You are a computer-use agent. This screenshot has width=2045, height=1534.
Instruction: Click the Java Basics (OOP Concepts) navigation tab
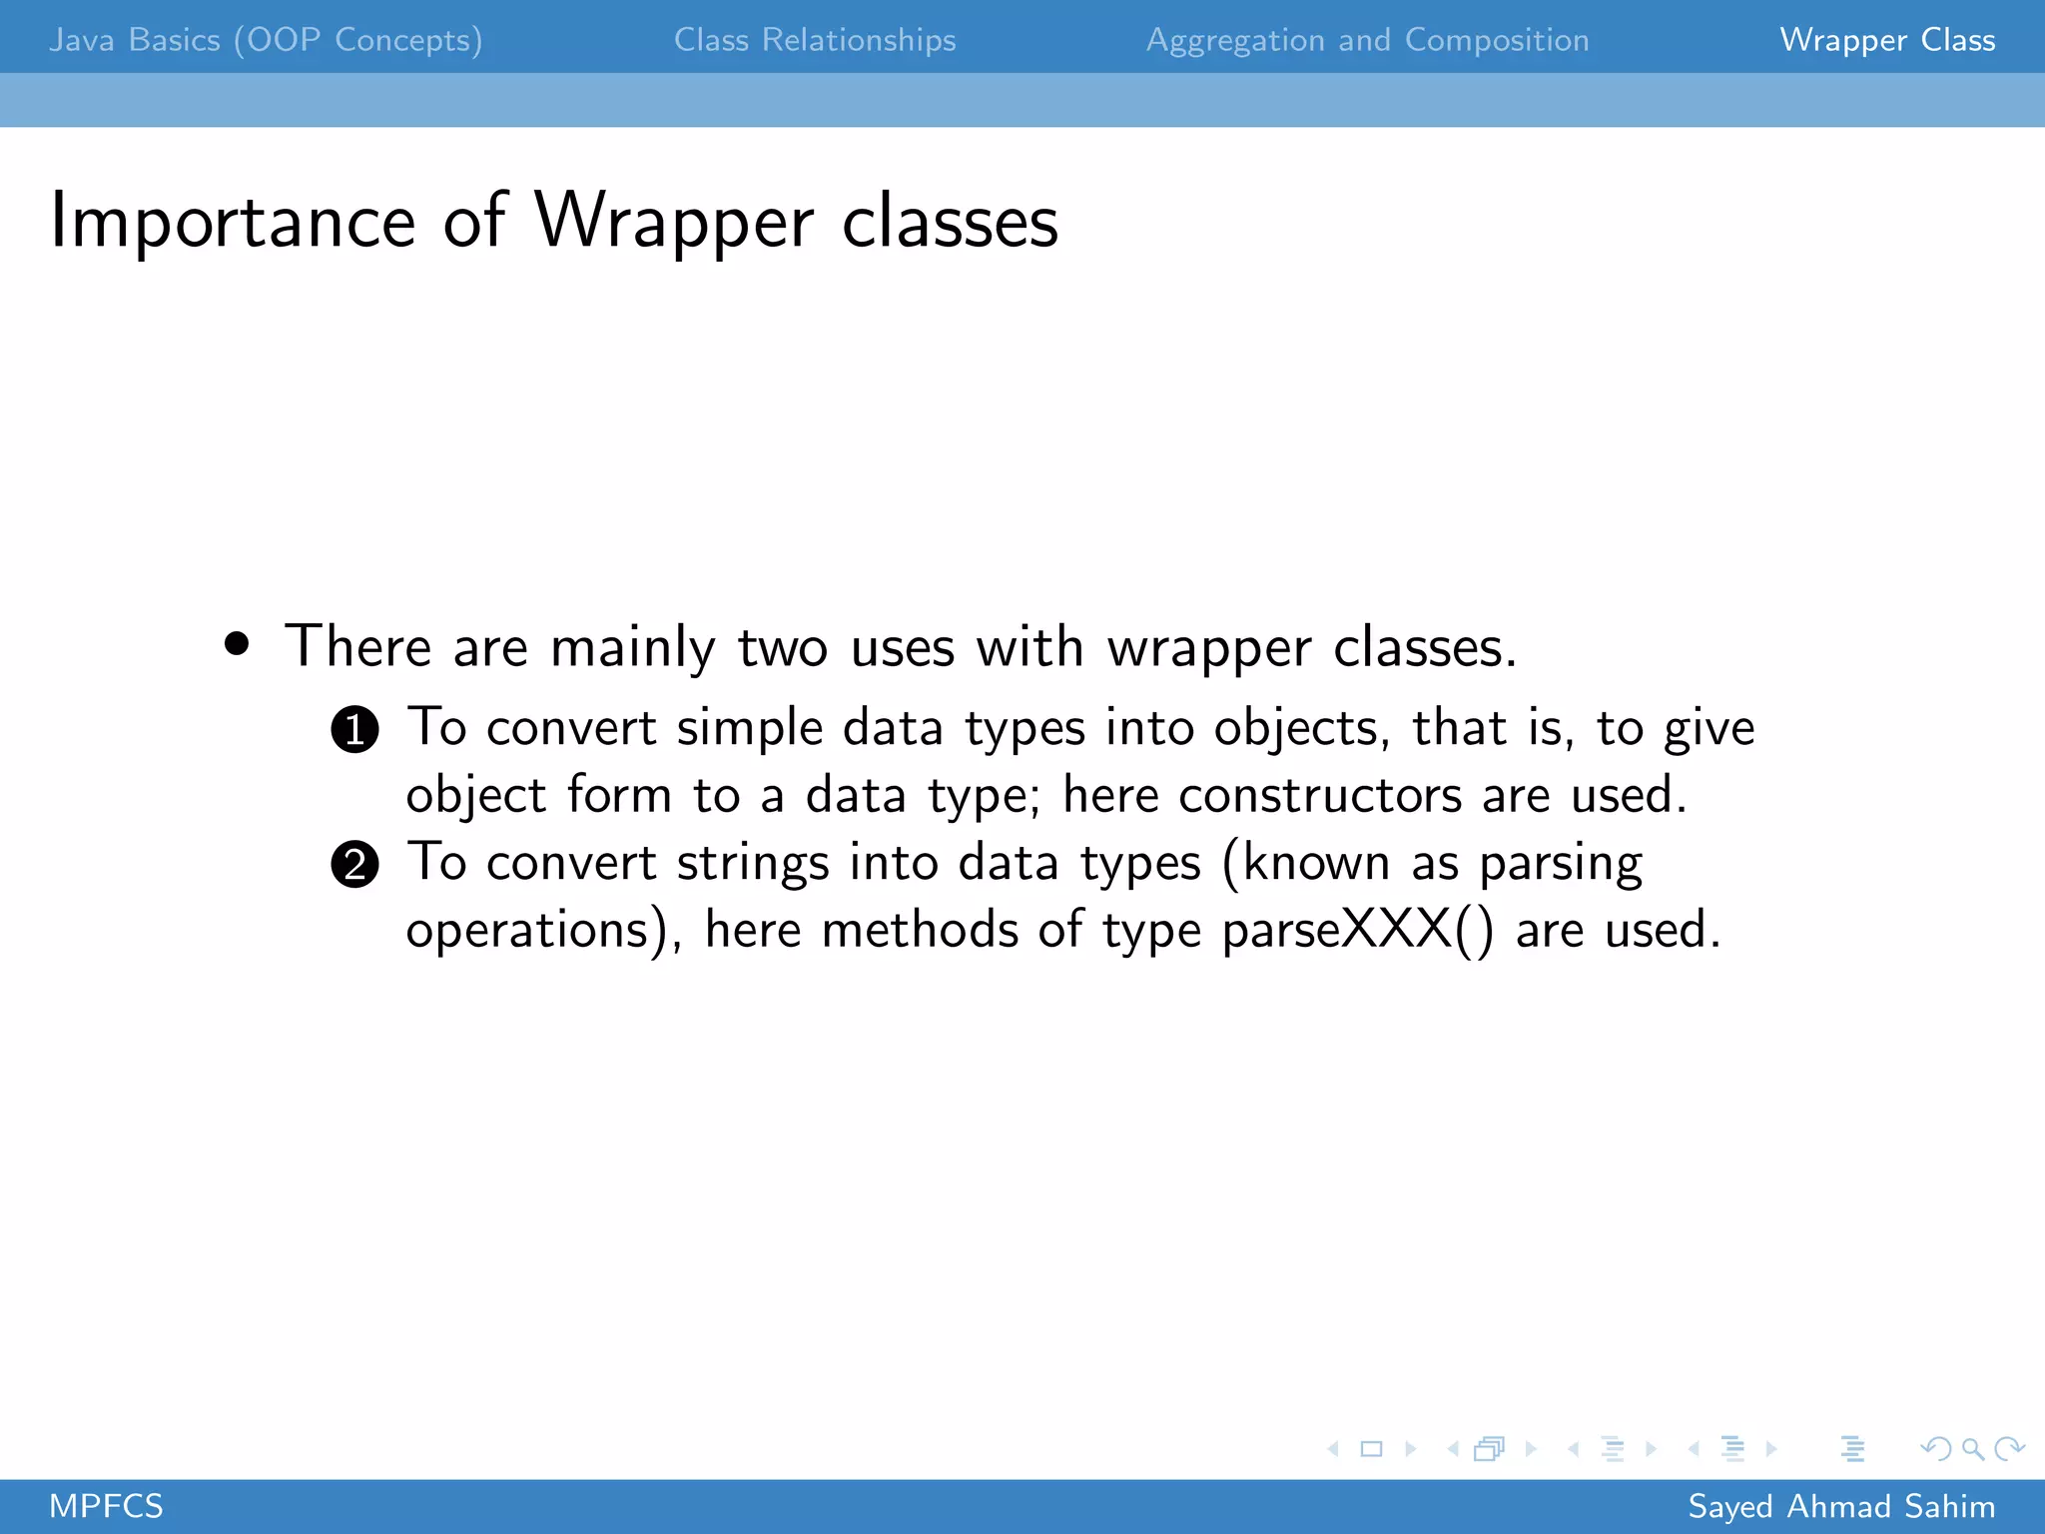pos(266,40)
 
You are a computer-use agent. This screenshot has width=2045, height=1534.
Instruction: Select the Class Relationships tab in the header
pos(815,40)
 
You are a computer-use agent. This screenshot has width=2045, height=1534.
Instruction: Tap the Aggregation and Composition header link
pos(1367,40)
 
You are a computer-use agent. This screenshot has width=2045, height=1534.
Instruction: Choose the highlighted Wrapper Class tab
pos(1887,40)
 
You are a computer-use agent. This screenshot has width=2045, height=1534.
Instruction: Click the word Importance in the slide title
pos(232,222)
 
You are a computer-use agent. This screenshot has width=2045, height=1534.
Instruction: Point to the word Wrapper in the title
pos(674,222)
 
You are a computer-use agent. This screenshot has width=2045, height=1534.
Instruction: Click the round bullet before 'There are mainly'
pos(237,644)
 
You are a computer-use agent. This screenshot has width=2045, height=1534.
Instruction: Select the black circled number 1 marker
pos(354,729)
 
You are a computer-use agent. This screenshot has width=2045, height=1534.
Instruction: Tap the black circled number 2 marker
pos(354,865)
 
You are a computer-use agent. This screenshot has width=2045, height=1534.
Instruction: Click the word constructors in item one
pos(1319,796)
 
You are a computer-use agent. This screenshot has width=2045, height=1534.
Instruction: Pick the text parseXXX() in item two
pos(1358,930)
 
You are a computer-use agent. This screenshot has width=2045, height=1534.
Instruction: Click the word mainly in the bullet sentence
pos(632,647)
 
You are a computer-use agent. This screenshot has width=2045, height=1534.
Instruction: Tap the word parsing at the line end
pos(1560,863)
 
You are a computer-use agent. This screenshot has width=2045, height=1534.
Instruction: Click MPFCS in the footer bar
pos(106,1506)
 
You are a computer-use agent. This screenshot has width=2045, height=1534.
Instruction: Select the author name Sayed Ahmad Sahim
pos(1841,1506)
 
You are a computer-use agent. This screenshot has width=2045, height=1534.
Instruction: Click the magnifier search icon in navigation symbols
pos(1971,1448)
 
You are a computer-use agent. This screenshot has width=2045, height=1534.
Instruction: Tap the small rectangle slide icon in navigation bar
pos(1371,1448)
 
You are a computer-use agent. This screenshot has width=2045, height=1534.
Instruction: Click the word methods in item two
pos(919,930)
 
